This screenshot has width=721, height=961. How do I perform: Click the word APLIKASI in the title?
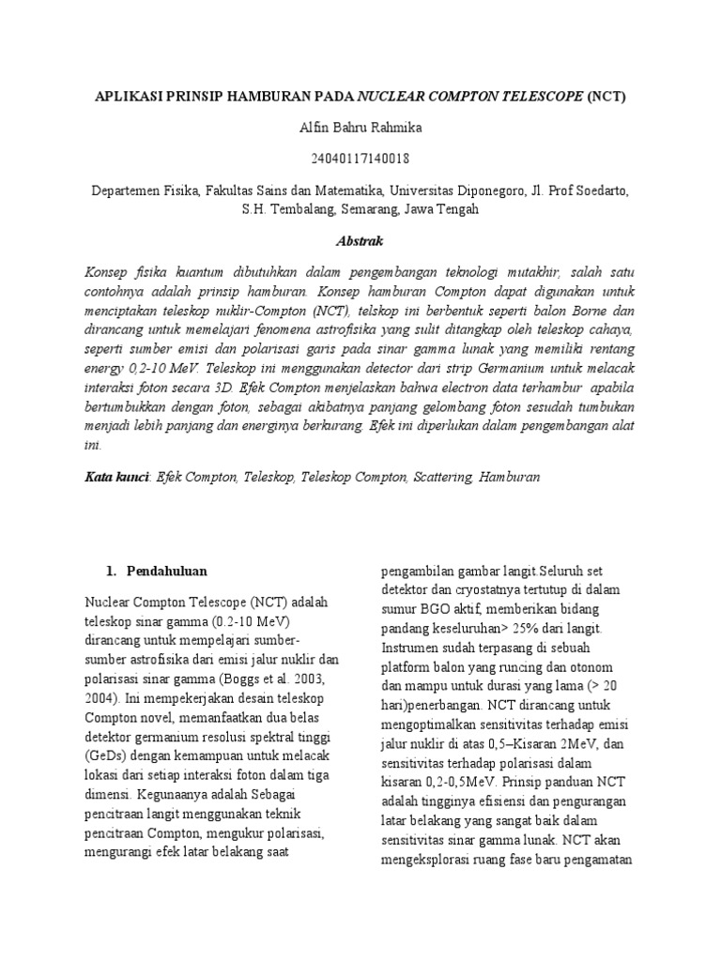coord(130,97)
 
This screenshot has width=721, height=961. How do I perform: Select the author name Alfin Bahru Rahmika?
coord(360,127)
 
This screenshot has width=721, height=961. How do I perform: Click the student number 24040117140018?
coord(360,159)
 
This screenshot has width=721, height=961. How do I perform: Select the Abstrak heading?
coord(360,241)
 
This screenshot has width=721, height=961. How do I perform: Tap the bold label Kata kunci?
coord(117,477)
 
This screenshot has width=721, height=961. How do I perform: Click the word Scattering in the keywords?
coord(441,477)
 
